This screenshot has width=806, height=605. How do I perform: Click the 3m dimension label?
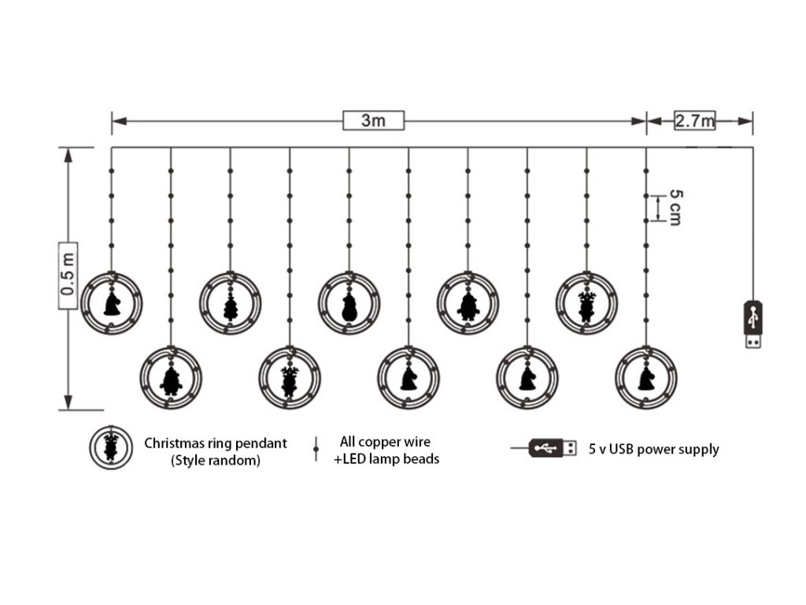tap(373, 121)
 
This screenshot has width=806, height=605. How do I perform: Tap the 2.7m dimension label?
tap(693, 121)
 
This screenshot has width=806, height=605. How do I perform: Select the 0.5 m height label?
tap(68, 278)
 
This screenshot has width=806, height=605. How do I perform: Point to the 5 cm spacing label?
tap(674, 207)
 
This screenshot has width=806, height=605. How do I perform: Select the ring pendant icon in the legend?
tap(111, 447)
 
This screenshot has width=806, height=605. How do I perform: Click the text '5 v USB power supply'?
tap(653, 449)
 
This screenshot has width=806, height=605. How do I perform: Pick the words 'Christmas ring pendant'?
tap(215, 443)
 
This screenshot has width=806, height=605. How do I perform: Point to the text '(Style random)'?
tap(215, 461)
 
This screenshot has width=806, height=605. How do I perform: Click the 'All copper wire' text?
tap(385, 442)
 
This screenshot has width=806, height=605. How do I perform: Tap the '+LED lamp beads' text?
tap(386, 458)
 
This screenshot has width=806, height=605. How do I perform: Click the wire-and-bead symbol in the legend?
tap(316, 449)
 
